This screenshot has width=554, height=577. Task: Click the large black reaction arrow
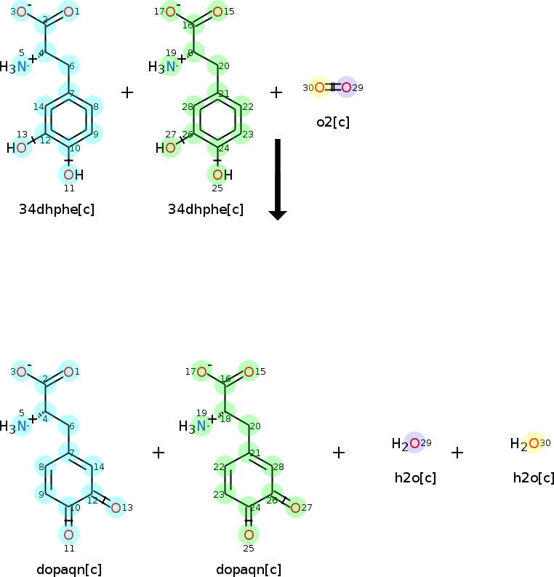click(278, 178)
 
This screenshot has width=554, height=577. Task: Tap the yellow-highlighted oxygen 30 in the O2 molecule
click(319, 88)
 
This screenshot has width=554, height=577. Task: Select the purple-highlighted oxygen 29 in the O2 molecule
click(346, 88)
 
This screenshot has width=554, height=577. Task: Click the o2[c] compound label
click(333, 122)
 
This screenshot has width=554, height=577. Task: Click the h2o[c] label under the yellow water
click(534, 477)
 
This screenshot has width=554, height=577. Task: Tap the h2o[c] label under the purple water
click(415, 477)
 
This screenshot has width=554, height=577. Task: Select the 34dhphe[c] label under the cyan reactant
click(57, 210)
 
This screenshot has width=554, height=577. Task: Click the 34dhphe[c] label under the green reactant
click(206, 210)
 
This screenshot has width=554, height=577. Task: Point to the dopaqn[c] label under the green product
click(249, 569)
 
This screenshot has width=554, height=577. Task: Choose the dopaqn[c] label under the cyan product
click(69, 569)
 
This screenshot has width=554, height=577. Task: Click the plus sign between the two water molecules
click(457, 453)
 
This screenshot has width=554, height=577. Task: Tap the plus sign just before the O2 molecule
click(276, 92)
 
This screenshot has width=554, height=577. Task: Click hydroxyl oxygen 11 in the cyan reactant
click(68, 175)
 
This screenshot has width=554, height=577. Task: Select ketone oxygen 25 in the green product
click(249, 535)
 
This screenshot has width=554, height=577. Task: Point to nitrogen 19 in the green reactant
click(170, 67)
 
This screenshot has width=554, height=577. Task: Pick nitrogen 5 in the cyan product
click(22, 426)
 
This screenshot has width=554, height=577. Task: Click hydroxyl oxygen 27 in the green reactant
click(170, 148)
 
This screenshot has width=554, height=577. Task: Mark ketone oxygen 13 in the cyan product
click(116, 507)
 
